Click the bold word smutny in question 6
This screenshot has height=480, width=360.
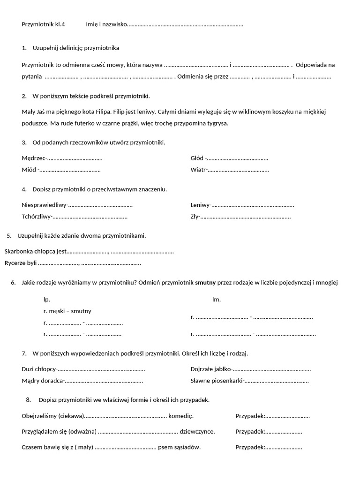206,283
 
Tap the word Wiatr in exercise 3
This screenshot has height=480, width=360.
198,170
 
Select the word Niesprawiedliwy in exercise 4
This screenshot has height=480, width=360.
45,205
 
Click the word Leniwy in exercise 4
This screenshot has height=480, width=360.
201,205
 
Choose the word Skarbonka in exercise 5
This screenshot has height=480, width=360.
20,251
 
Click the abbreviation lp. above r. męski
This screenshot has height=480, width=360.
46,299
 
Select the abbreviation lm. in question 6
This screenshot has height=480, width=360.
217,299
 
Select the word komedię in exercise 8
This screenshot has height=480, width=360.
181,416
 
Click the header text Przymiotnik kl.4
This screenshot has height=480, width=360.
44,24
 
